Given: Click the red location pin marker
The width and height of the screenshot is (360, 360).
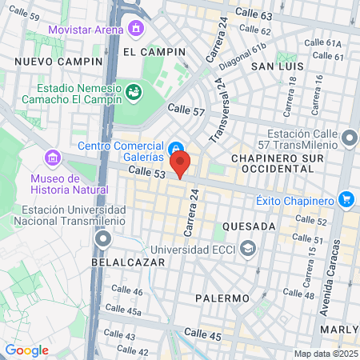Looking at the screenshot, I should click(x=180, y=163).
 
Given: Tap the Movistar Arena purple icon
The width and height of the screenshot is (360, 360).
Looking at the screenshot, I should click(x=136, y=30).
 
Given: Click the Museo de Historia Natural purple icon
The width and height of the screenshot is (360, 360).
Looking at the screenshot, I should click(x=54, y=157).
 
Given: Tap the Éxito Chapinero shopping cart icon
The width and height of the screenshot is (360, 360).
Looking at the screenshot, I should click(x=346, y=199).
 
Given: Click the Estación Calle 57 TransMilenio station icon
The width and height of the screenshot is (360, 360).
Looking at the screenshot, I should click(x=349, y=139).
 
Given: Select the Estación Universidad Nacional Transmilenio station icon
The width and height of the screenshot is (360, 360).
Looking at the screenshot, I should click(x=102, y=238).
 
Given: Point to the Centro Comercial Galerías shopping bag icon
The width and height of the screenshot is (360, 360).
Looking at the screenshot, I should click(x=174, y=147).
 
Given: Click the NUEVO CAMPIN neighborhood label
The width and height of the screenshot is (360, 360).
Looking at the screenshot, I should click(x=58, y=62).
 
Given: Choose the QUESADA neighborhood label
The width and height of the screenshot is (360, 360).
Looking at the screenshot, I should click(x=250, y=226).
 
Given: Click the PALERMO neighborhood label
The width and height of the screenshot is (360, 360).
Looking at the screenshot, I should click(x=222, y=298).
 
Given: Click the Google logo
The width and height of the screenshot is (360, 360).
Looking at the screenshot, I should click(x=26, y=350).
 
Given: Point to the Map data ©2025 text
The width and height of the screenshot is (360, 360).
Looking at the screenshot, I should click(x=326, y=354).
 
